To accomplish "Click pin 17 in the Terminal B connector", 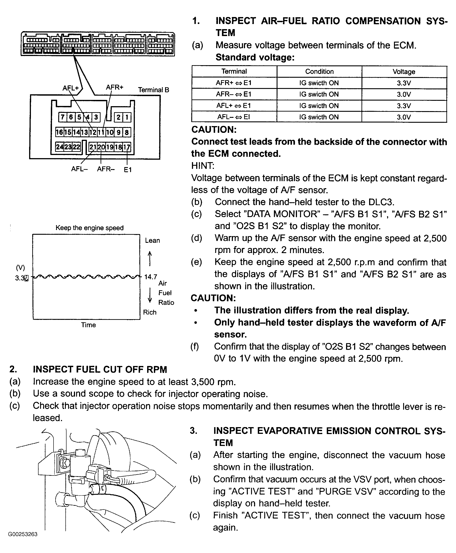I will point(127,147).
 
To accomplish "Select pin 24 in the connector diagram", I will point(60,147).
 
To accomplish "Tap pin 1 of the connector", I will point(127,117).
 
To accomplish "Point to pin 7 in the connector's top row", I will point(62,117).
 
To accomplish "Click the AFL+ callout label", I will point(71,88).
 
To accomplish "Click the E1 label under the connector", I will point(128,170).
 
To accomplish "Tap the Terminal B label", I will point(154,90).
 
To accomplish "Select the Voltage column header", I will point(404,71).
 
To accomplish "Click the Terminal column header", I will point(234,71).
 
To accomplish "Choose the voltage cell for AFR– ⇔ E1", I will point(404,94).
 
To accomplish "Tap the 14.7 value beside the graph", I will point(151,277).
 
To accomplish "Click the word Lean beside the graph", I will point(152,240).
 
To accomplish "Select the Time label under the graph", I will point(88,325).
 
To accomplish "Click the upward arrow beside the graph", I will point(150,258).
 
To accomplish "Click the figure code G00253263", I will point(23,534).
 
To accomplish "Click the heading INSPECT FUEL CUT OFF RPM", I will point(100,369).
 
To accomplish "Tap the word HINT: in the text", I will point(203,166).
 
